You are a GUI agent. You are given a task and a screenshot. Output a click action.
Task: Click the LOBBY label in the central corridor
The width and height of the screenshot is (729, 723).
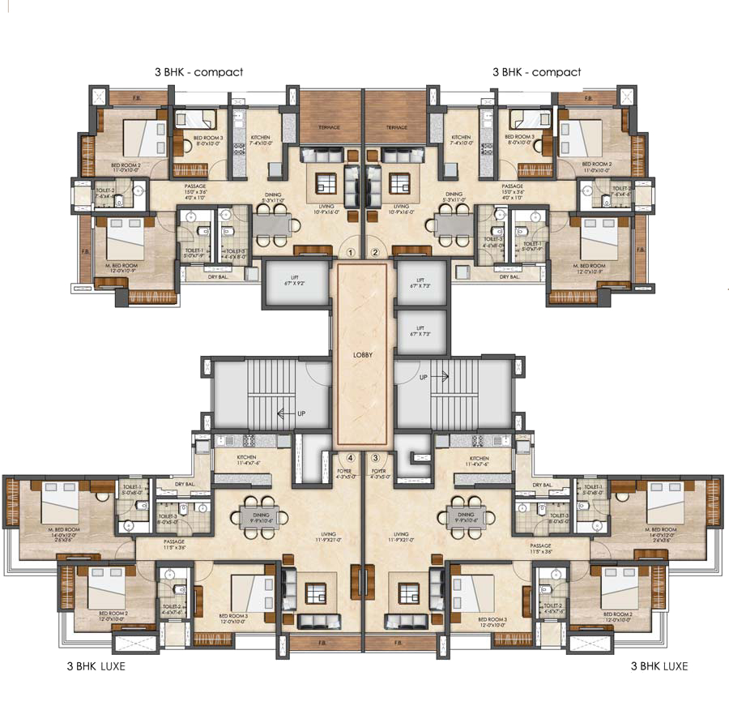(362, 355)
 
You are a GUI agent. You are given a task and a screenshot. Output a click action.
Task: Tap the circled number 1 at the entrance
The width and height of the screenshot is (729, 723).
(351, 252)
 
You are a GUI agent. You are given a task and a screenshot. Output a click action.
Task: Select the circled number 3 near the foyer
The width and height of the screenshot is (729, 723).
(375, 458)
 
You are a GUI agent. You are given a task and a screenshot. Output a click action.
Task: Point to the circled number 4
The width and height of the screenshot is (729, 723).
(351, 458)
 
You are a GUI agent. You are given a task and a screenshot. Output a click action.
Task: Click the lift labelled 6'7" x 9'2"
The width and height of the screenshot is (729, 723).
(296, 284)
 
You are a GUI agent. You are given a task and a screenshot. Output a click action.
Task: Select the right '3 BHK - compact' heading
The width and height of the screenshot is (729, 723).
(536, 72)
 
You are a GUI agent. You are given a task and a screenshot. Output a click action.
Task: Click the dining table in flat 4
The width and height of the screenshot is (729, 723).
(260, 516)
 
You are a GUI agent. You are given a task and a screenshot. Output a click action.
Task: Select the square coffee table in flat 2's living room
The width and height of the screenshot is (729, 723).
(399, 183)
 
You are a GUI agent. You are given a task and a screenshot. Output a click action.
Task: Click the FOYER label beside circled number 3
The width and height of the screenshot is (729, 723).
(377, 471)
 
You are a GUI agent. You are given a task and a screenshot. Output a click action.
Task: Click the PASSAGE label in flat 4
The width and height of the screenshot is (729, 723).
(173, 541)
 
